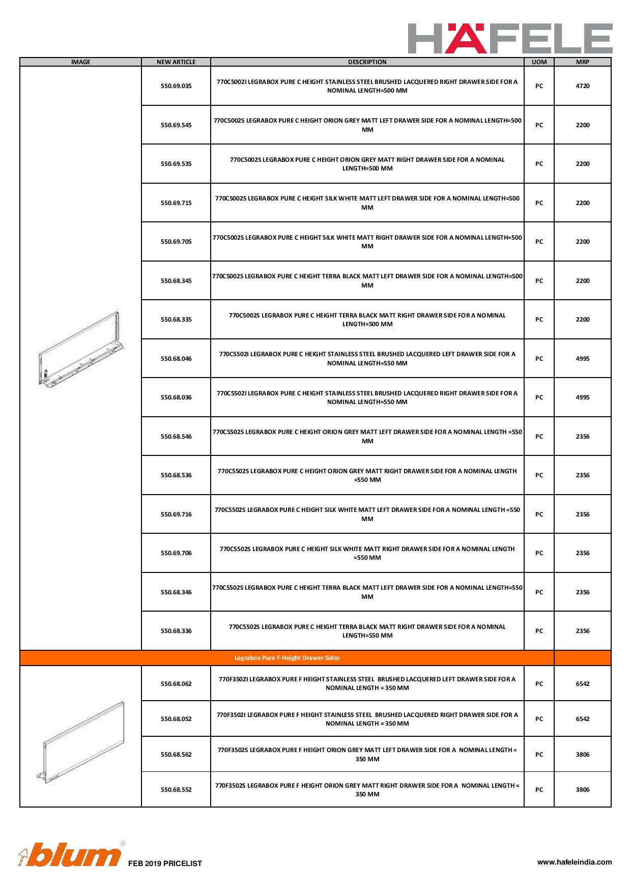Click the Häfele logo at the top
tap(510, 38)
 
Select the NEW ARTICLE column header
tap(176, 62)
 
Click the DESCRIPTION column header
tap(367, 62)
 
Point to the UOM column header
tap(539, 62)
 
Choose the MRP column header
tap(582, 62)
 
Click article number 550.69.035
tap(176, 86)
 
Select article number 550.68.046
tap(176, 359)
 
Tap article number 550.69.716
tap(176, 514)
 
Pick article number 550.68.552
tap(176, 790)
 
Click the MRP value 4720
tap(582, 86)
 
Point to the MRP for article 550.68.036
tap(582, 397)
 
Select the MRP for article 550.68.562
tap(582, 755)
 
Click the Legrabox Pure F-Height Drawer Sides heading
tap(287, 658)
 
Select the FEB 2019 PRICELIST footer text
tap(165, 864)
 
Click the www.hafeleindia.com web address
tap(575, 862)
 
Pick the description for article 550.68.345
tap(367, 281)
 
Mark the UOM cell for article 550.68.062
tap(539, 684)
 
